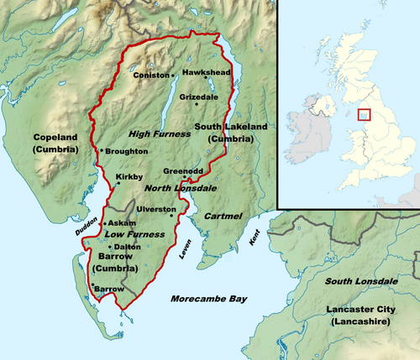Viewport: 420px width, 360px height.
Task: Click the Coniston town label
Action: (150, 75)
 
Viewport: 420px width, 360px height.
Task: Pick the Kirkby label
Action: (129, 178)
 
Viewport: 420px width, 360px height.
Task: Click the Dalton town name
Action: (128, 247)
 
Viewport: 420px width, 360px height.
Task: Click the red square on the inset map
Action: (364, 115)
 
